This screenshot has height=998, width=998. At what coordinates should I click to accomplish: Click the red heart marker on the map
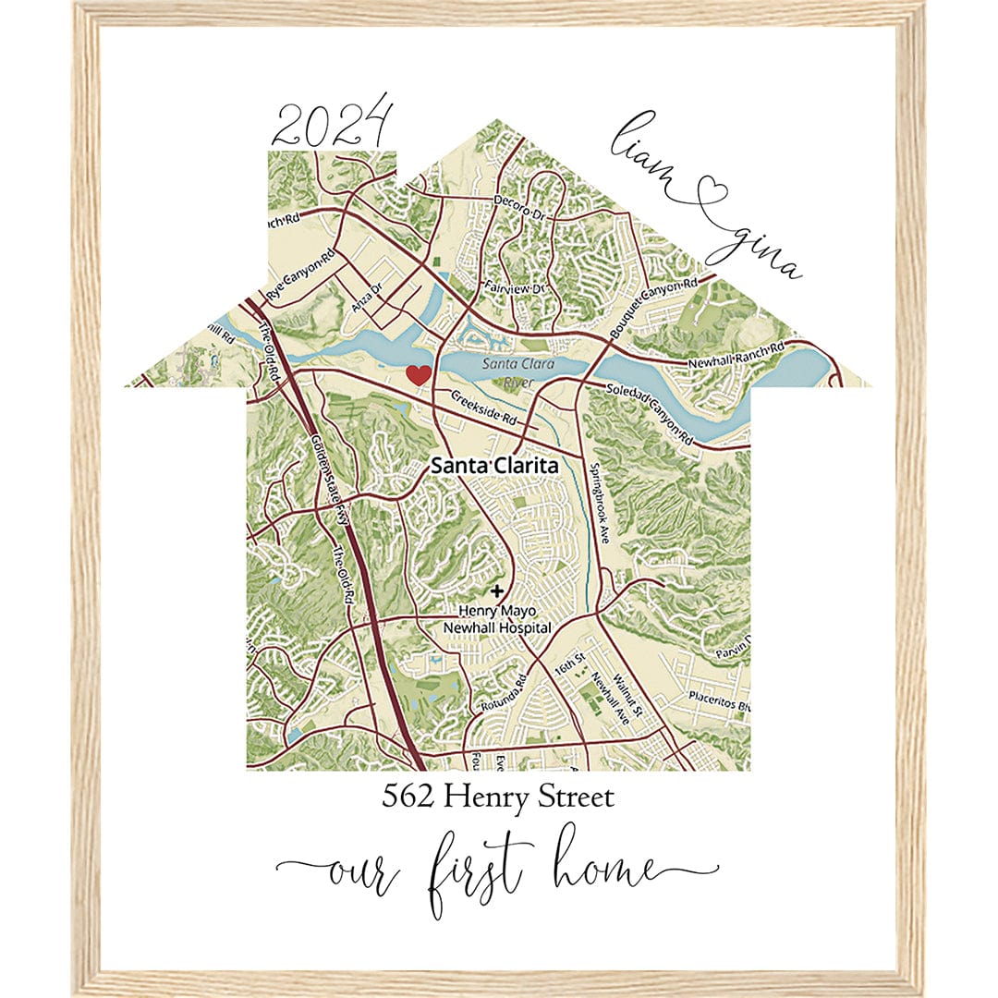pyautogui.click(x=419, y=374)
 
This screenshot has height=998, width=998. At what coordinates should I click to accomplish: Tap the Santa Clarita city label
pyautogui.click(x=494, y=467)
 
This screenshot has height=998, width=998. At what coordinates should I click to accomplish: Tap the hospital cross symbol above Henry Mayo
pyautogui.click(x=498, y=590)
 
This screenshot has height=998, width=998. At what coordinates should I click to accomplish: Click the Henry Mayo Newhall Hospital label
pyautogui.click(x=505, y=619)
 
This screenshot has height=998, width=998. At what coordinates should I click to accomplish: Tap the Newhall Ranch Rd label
pyautogui.click(x=736, y=356)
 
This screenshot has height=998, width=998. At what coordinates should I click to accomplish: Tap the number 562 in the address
pyautogui.click(x=408, y=797)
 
